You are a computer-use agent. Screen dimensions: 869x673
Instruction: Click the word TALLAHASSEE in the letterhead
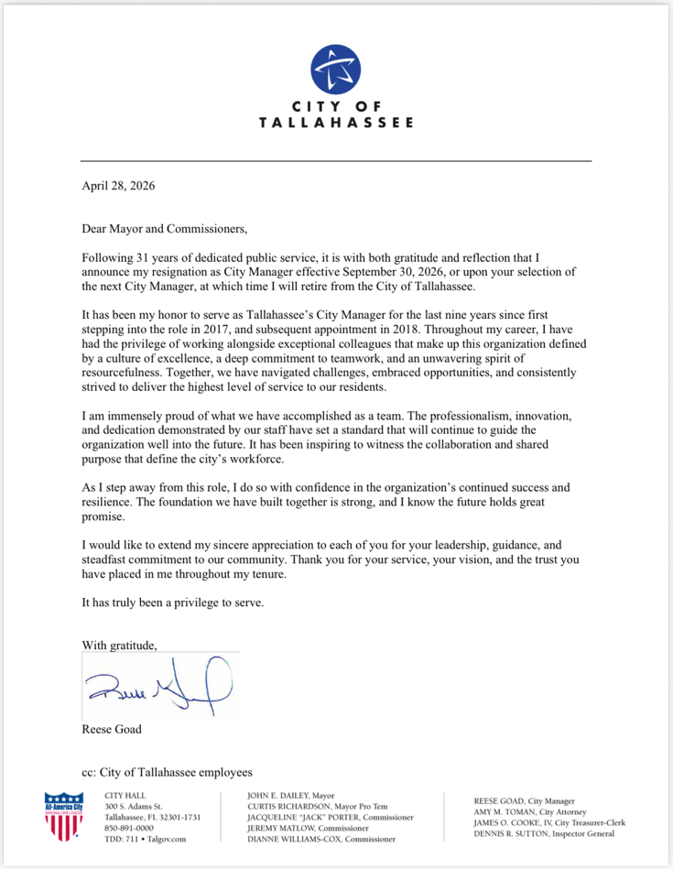(336, 122)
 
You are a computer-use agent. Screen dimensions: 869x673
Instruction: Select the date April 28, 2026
(118, 185)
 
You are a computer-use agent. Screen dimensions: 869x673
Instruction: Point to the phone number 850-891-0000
(129, 827)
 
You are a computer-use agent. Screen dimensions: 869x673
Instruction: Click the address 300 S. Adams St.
(134, 805)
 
